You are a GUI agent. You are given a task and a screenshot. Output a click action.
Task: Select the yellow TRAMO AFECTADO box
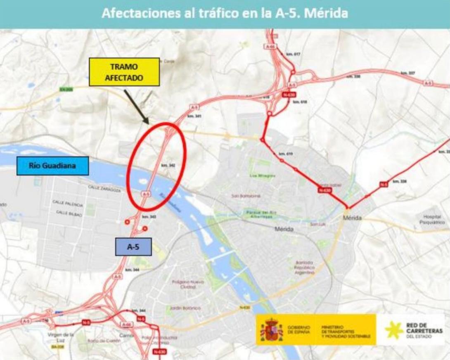tap(124, 72)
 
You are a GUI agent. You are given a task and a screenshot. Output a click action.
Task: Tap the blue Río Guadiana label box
tap(52, 166)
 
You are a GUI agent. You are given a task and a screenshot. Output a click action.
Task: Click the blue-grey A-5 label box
tap(133, 247)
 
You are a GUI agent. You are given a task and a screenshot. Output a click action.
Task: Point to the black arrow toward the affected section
tap(136, 106)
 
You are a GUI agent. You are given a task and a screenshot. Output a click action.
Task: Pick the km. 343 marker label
tap(149, 217)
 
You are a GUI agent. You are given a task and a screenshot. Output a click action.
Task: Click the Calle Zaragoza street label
tap(104, 188)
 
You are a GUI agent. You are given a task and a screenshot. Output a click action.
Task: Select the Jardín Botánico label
tap(185, 308)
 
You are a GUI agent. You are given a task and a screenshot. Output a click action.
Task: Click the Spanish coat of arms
tap(271, 329)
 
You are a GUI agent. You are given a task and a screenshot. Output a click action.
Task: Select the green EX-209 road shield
tap(66, 89)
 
